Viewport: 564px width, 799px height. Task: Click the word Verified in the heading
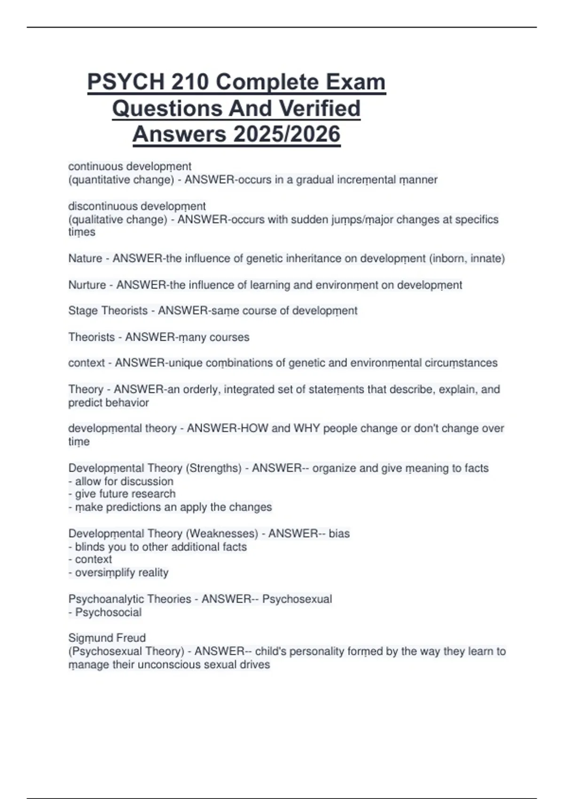coord(320,109)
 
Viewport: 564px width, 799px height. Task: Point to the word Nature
coord(85,258)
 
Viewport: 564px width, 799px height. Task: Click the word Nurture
coord(87,285)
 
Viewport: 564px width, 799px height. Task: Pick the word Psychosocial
coord(108,612)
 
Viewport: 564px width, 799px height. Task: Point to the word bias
coord(339,533)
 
